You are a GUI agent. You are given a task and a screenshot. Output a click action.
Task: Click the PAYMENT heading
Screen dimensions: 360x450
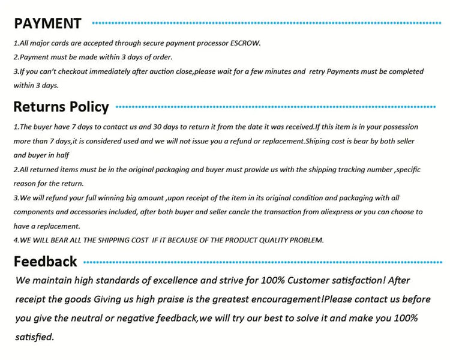[48, 23]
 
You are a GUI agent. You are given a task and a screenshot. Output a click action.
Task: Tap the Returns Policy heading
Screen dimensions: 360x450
[61, 107]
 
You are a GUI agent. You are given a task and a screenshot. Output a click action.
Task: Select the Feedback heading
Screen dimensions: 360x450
[46, 262]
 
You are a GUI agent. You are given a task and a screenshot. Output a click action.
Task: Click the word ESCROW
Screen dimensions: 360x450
[245, 43]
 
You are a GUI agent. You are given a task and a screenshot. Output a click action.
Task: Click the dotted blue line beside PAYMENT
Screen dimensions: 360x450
[267, 23]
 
